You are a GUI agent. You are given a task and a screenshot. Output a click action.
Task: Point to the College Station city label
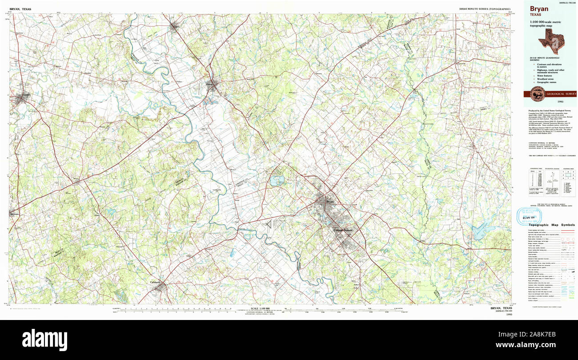coord(343,230)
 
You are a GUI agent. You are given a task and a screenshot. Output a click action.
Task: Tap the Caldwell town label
coord(155,282)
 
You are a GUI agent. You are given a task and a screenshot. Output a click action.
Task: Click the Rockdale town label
coord(15,214)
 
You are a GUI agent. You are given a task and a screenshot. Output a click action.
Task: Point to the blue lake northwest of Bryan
coord(277,180)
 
